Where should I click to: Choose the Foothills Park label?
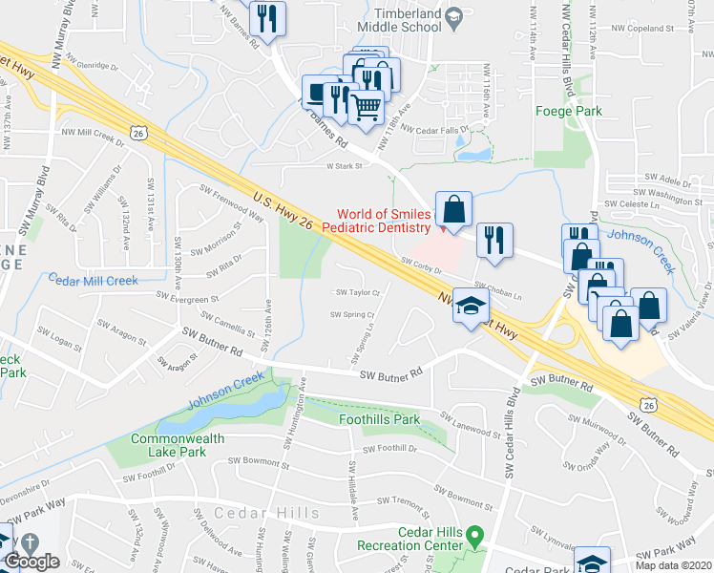tap(379, 419)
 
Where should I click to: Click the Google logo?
tap(31, 562)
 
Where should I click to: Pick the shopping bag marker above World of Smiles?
tap(454, 209)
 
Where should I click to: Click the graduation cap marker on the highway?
tap(471, 306)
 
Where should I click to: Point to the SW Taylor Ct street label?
tap(356, 292)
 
